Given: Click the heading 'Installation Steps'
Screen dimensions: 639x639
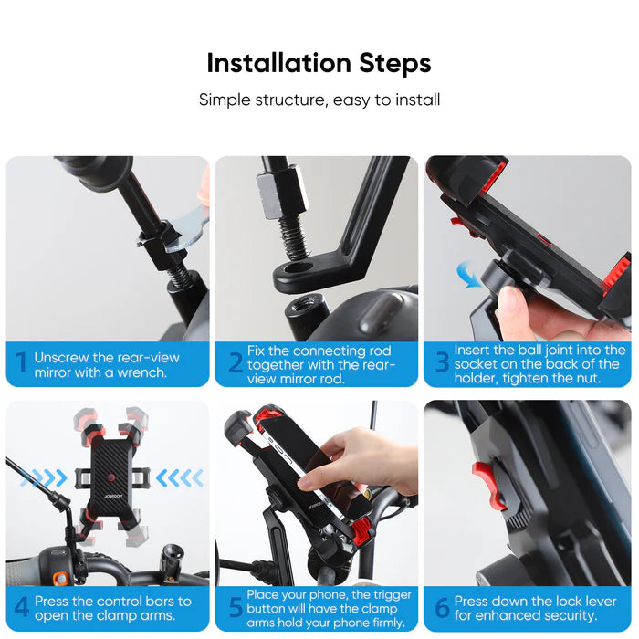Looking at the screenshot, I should point(319,63).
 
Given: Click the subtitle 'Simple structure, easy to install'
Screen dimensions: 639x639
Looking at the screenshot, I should point(319,100).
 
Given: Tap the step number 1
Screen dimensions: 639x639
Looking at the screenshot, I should point(21,364).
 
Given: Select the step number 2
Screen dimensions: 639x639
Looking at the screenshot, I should point(235,364).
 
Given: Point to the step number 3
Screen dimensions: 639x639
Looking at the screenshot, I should point(442,364).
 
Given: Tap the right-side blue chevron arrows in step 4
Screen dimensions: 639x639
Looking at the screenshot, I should point(178,477).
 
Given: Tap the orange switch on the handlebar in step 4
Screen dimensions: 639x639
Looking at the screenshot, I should point(60,578).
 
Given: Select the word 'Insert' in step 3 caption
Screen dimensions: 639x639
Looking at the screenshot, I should point(474,351).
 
